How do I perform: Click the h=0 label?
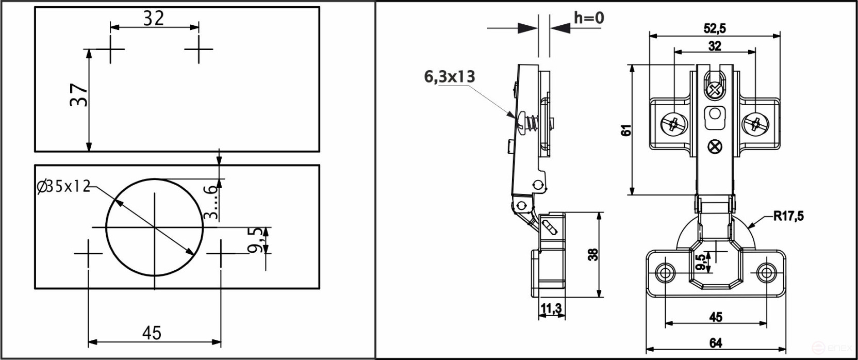coord(588,18)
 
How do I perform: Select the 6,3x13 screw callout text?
coord(449,77)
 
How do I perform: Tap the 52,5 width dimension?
coord(714,28)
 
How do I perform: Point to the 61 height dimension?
coord(626,130)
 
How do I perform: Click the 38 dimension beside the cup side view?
coord(593,254)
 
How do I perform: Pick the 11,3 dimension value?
coord(551,308)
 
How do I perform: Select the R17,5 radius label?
coord(788,216)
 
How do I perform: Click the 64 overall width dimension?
coord(715,343)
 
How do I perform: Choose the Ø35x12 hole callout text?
coord(63,186)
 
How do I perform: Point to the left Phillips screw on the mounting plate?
coord(674,124)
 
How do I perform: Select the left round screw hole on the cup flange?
coord(665,272)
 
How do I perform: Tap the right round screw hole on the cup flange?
coord(766,272)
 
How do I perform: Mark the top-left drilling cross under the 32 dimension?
coord(110,49)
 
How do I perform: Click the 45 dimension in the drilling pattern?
coord(152,333)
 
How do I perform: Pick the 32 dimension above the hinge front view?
coord(714,46)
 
